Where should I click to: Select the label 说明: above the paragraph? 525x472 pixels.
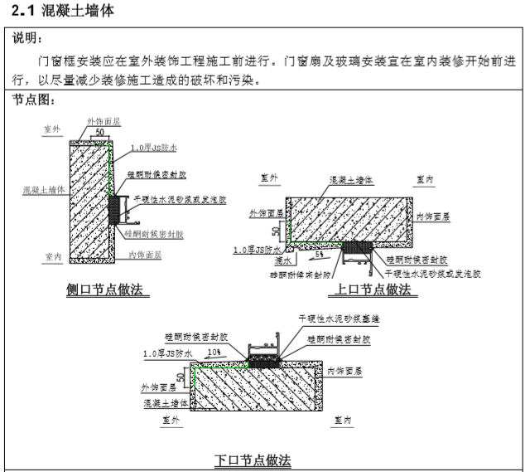point(30,38)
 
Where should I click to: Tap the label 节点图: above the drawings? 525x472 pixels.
point(36,99)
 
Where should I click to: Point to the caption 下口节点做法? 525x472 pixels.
point(253,460)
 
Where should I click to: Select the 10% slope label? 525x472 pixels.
point(213,353)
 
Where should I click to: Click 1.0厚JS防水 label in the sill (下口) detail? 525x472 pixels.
point(167,354)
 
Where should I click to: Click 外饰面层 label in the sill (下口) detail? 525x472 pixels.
point(158,387)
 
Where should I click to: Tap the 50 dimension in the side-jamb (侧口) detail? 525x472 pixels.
point(99,132)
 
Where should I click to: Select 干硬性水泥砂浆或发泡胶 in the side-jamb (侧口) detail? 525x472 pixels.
point(175,200)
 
